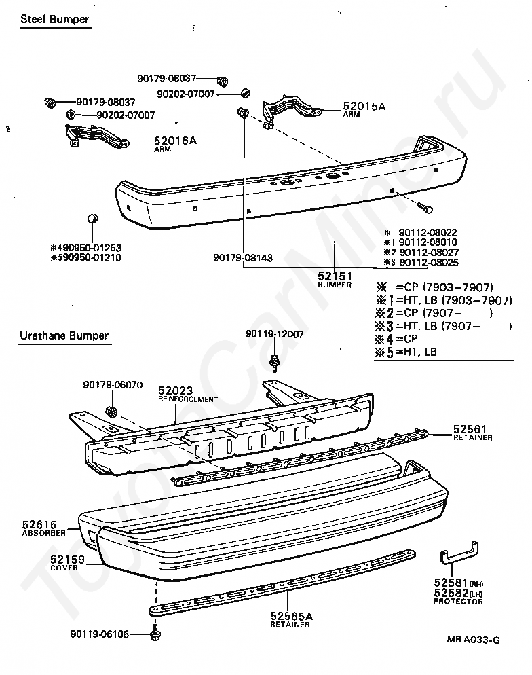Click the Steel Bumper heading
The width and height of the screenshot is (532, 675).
coord(55,20)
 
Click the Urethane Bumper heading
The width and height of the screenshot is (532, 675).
coord(64,335)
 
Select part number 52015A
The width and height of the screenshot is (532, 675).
coord(364,107)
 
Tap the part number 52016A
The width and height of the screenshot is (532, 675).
coord(174,141)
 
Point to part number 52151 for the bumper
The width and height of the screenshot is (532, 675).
coord(334,276)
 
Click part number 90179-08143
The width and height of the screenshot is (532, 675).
coord(243,258)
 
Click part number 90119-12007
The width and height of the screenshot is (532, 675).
coord(274,335)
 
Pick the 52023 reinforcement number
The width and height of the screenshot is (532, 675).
coord(175,390)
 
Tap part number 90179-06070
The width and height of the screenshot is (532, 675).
coord(113,384)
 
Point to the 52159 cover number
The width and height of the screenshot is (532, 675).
coord(66,560)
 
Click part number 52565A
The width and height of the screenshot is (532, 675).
coord(292,616)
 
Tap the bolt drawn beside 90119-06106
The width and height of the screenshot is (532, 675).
coord(156,635)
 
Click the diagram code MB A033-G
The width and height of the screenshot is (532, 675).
coord(473,639)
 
